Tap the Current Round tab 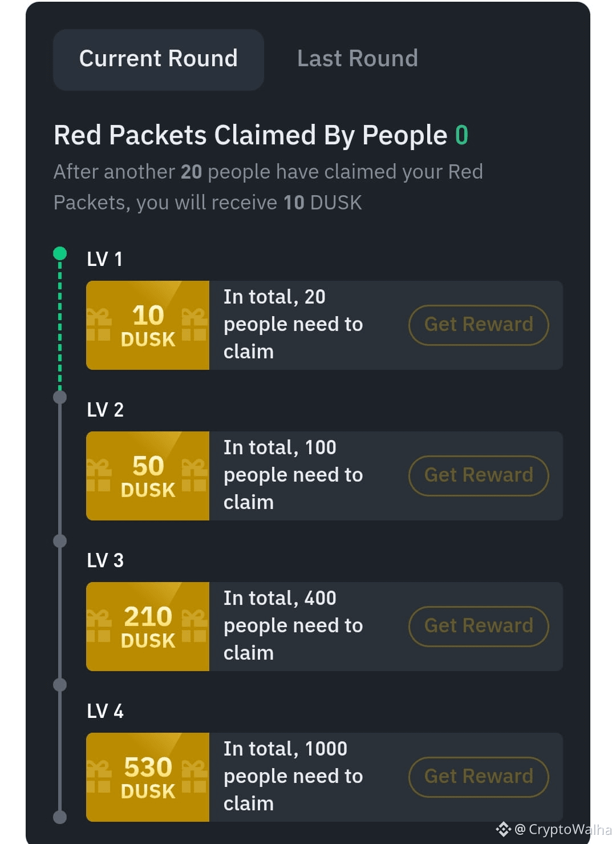(158, 59)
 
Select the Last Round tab (357, 58)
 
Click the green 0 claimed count (461, 135)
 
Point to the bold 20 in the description (191, 172)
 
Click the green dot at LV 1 (60, 253)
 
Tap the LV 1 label (104, 259)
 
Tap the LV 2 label (105, 410)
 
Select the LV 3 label (105, 560)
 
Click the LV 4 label (105, 711)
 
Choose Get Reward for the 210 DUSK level (479, 626)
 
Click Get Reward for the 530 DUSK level (479, 777)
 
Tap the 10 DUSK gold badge (148, 325)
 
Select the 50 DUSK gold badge (148, 475)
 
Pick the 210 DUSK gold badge (148, 626)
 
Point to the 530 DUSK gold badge (148, 777)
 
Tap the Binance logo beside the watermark (503, 829)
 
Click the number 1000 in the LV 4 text (326, 749)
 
